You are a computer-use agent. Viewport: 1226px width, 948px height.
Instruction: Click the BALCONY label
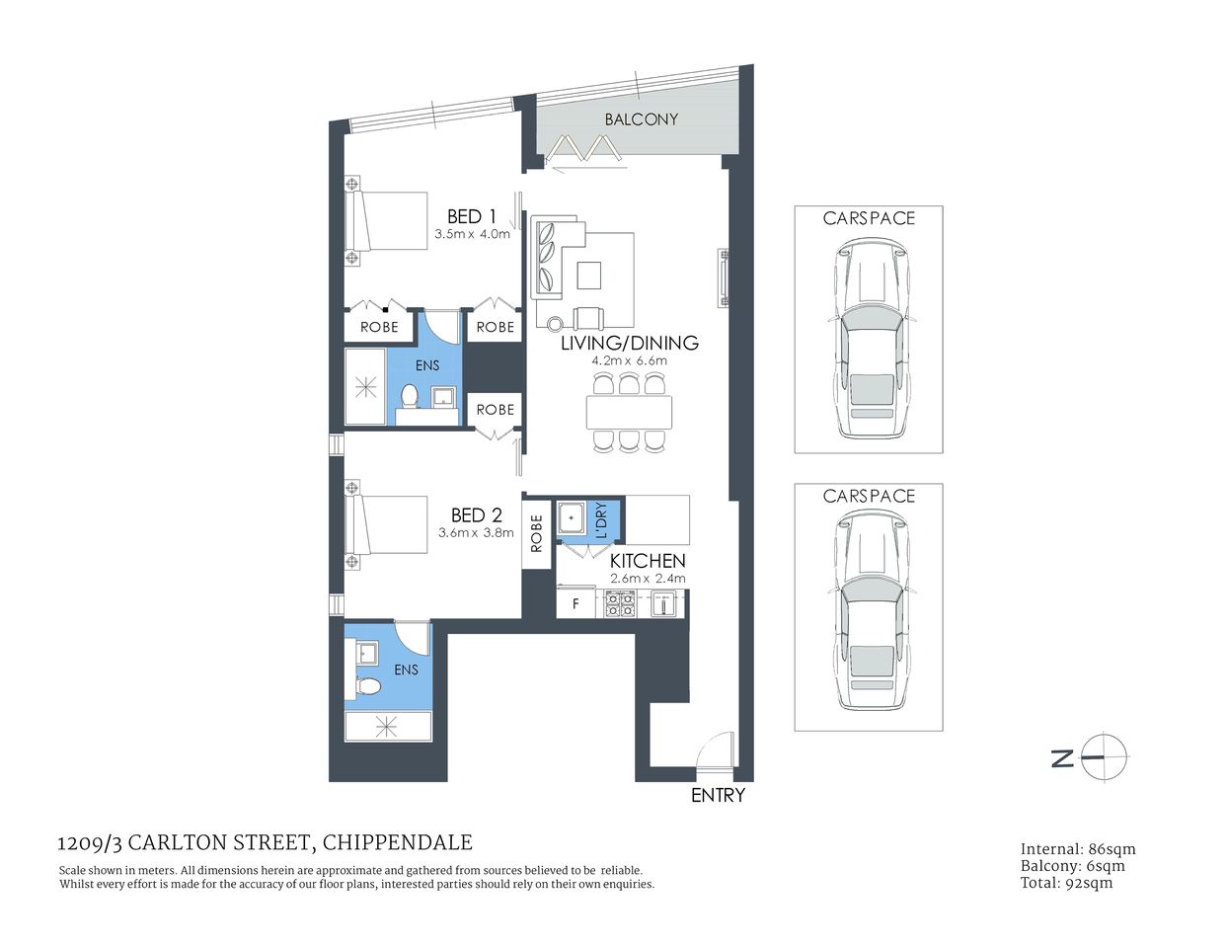(x=642, y=119)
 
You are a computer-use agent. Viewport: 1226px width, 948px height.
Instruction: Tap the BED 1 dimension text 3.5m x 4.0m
(x=472, y=235)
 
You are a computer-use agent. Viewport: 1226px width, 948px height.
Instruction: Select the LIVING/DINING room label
(x=630, y=344)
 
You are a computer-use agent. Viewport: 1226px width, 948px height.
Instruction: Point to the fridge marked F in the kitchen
(x=575, y=603)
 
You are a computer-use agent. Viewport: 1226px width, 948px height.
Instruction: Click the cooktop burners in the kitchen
(x=620, y=603)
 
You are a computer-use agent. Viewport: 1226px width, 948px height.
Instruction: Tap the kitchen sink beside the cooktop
(x=661, y=603)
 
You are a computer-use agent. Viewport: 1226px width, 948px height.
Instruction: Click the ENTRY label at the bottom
(x=718, y=795)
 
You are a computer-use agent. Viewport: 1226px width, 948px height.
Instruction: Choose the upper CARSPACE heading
(x=869, y=218)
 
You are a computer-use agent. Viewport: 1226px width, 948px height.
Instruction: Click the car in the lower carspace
(x=870, y=617)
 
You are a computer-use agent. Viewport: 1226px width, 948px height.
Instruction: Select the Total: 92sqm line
(x=1066, y=883)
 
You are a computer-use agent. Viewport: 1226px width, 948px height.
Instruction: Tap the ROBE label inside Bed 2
(x=537, y=533)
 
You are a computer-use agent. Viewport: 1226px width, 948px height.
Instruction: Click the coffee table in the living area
(x=589, y=274)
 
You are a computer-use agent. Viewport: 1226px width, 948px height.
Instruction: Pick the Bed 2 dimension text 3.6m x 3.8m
(x=476, y=532)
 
